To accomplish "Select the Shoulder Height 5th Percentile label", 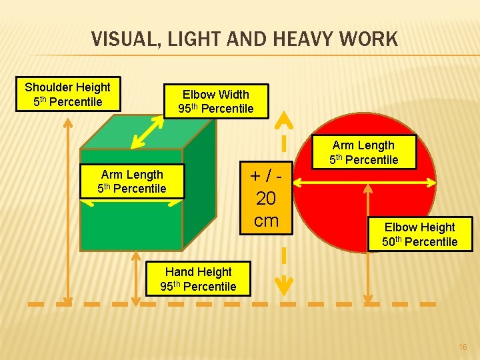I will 67,94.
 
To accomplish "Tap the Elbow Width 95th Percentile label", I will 215,101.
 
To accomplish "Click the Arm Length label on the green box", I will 131,181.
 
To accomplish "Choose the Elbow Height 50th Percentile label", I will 419,234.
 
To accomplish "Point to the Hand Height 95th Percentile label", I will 198,279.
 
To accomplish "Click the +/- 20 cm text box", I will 266,198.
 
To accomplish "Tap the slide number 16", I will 463,347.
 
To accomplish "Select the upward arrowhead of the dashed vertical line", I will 285,120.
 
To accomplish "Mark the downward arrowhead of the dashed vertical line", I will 285,286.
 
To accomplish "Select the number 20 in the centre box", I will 266,199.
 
